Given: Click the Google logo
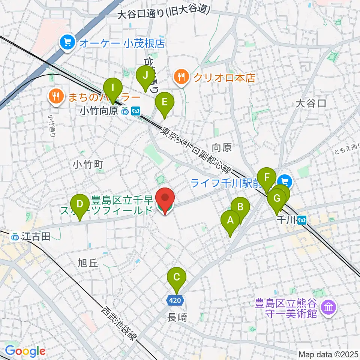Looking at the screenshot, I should point(25,351).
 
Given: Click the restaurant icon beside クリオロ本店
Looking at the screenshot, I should point(182,78).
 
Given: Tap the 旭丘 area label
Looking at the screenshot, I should point(88,263).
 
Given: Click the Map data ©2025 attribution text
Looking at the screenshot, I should point(327,354).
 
